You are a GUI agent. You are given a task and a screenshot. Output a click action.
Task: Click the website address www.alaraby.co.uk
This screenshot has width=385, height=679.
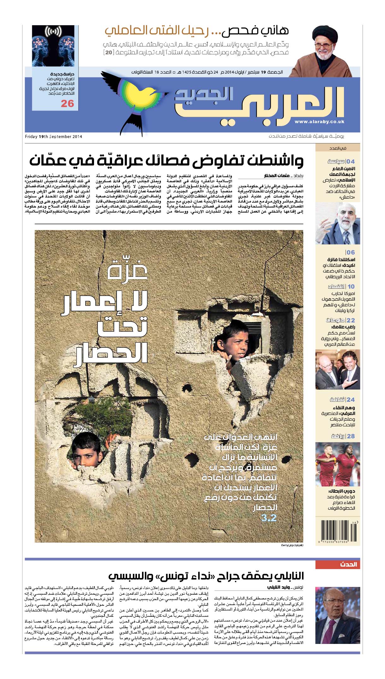click(x=319, y=122)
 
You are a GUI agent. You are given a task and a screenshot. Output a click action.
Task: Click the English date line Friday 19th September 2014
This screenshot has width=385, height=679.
click(x=53, y=136)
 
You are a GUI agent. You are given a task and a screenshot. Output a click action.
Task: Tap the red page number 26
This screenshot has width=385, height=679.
click(x=67, y=103)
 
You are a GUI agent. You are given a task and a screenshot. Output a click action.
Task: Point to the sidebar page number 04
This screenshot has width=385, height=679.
click(x=351, y=161)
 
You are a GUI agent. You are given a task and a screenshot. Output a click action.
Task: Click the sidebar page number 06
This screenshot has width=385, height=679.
click(x=351, y=252)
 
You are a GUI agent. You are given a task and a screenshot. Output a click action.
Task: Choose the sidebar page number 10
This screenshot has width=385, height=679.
click(x=351, y=286)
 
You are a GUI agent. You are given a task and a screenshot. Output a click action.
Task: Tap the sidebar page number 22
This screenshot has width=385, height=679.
click(x=351, y=320)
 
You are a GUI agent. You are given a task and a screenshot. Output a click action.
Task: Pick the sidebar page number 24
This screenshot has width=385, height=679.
click(x=351, y=400)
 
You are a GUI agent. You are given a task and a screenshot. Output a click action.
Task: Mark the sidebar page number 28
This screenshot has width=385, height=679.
click(x=351, y=436)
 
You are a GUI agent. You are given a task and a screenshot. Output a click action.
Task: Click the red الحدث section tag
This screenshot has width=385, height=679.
click(x=348, y=564)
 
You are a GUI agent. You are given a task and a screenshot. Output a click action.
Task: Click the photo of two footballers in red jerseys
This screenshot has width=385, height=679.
click(x=337, y=464)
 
